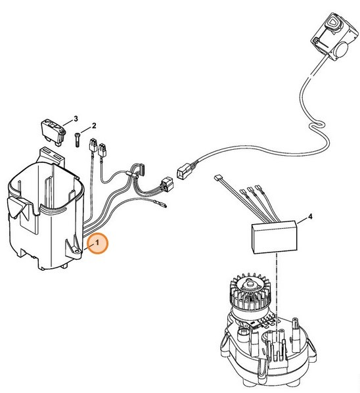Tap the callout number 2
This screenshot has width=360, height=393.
pyautogui.click(x=94, y=125)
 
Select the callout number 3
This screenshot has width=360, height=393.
pyautogui.click(x=76, y=118)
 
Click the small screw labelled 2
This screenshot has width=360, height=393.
pyautogui.click(x=77, y=140)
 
